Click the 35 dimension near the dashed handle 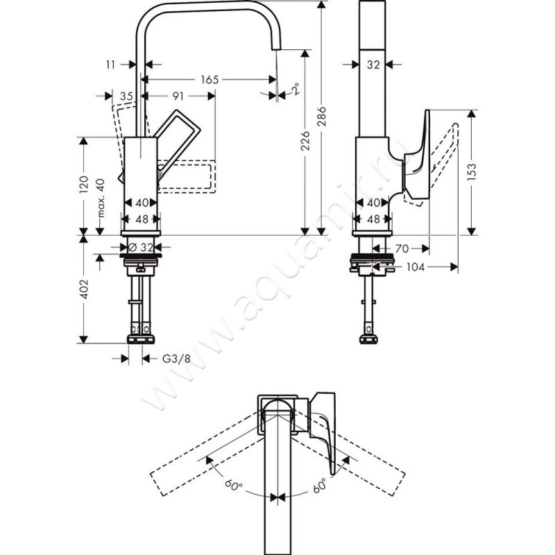coord(126,96)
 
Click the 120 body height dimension coord(83,184)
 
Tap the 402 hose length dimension coord(83,289)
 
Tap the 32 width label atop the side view coord(374,64)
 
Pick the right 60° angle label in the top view coord(320,486)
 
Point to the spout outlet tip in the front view coord(276,51)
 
